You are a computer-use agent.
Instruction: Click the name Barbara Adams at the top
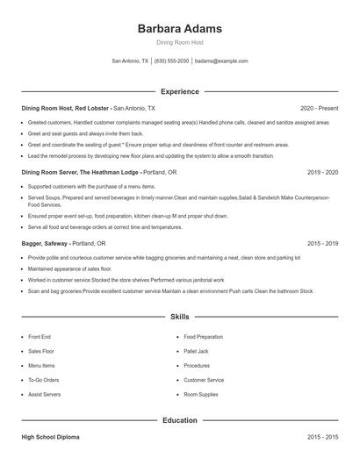[x=180, y=29]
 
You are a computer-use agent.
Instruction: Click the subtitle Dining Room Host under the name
[x=180, y=43]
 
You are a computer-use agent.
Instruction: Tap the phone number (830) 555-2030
[x=171, y=61]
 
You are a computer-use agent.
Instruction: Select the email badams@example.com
[x=221, y=61]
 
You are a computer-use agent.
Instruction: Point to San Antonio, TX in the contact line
[x=130, y=61]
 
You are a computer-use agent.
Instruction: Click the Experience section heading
[x=180, y=91]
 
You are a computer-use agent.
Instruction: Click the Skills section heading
[x=180, y=316]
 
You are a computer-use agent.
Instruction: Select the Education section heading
[x=180, y=420]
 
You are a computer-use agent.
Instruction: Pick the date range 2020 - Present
[x=319, y=108]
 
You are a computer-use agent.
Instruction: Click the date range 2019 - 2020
[x=322, y=173]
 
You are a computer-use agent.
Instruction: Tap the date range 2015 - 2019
[x=322, y=243]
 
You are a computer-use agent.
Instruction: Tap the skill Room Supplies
[x=201, y=395]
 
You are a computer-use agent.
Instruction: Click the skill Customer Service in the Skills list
[x=204, y=380]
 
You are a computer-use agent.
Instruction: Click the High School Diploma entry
[x=54, y=436]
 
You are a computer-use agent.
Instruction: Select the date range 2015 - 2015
[x=322, y=436]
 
